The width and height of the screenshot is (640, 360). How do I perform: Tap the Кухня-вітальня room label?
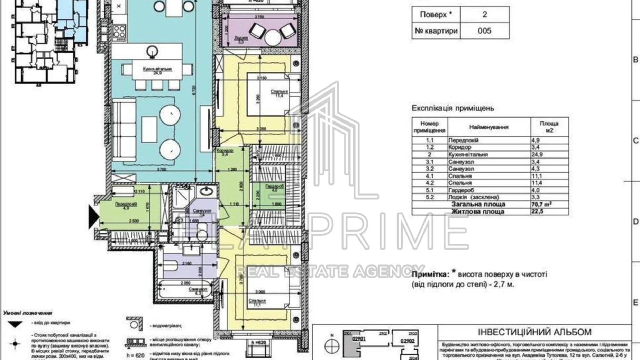pyautogui.click(x=157, y=69)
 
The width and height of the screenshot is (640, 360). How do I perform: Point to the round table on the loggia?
pyautogui.click(x=273, y=37)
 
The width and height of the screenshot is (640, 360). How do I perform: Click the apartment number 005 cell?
pyautogui.click(x=484, y=31)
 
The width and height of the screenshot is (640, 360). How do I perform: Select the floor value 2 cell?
pyautogui.click(x=484, y=15)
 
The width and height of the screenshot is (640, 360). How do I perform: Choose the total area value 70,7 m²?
pyautogui.click(x=542, y=204)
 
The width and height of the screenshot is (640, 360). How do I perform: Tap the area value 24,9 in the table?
pyautogui.click(x=536, y=155)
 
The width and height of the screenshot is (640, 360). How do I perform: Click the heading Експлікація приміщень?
pyautogui.click(x=452, y=108)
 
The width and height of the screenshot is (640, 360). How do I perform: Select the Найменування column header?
pyautogui.click(x=488, y=127)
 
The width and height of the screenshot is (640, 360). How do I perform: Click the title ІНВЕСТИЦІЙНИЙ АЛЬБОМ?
pyautogui.click(x=534, y=332)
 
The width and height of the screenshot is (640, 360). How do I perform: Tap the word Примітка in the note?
pyautogui.click(x=430, y=274)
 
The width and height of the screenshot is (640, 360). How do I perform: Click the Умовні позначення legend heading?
pyautogui.click(x=28, y=313)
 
